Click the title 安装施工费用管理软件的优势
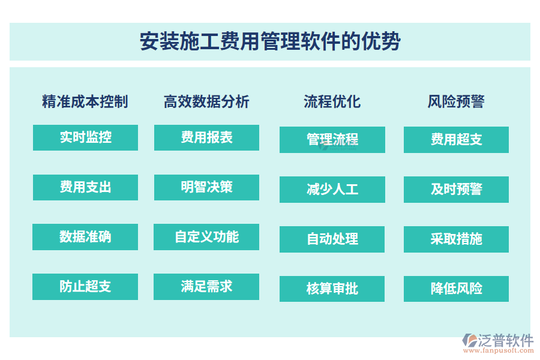coord(270,42)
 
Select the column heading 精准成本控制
coord(85,101)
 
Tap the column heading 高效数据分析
coord(206,101)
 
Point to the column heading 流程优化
coord(332,101)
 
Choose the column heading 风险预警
coord(456,101)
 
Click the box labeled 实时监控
coord(85,137)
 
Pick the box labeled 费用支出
coord(85,187)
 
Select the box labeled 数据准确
coord(85,237)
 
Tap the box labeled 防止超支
coord(85,287)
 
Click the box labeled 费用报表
coord(206,137)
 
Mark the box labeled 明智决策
coord(206,187)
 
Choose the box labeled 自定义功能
coord(206,237)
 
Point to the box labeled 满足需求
coord(206,287)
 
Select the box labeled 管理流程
coord(332,140)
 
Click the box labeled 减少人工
coord(332,190)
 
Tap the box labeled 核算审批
coord(332,289)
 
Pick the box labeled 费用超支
coord(456,140)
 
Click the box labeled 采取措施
coord(456,239)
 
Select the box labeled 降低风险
coord(456,289)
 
